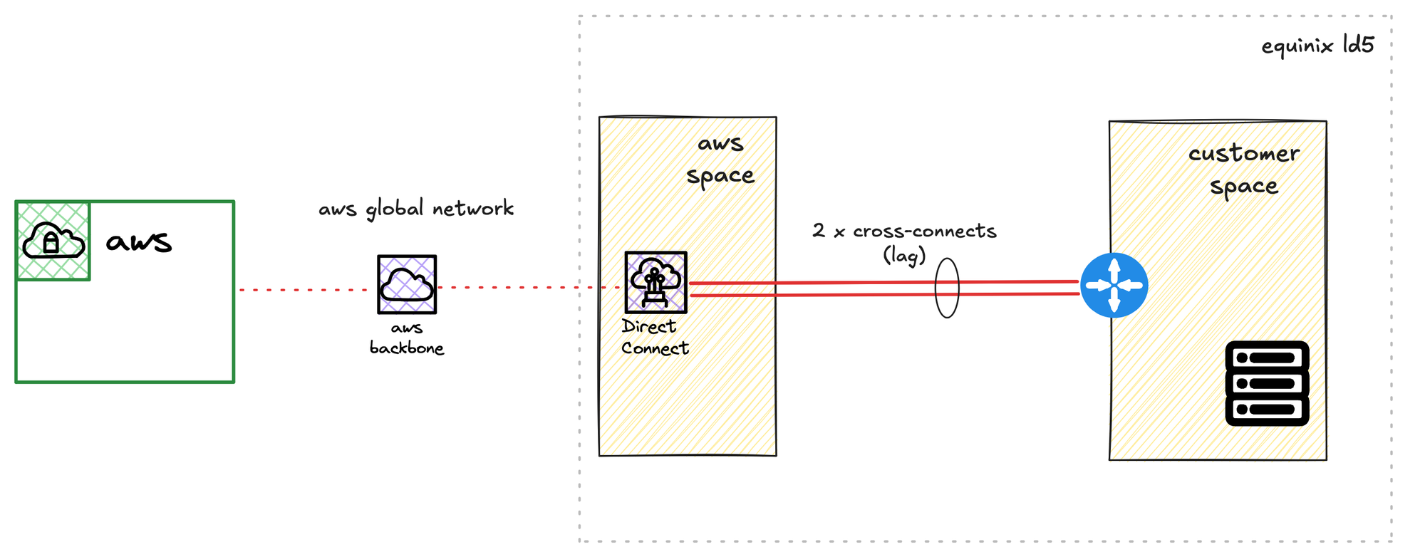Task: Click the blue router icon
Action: click(x=1114, y=285)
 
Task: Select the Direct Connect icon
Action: click(x=656, y=282)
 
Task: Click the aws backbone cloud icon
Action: click(x=407, y=284)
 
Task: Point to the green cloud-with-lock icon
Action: click(x=53, y=241)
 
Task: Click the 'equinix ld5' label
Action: click(x=1317, y=46)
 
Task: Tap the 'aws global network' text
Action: click(x=416, y=209)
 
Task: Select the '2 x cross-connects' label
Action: click(x=904, y=231)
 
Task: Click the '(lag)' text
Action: click(x=904, y=254)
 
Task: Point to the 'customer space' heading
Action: click(x=1244, y=170)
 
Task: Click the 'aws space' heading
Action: click(x=720, y=160)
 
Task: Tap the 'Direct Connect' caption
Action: click(x=655, y=337)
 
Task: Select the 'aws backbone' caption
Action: click(x=407, y=338)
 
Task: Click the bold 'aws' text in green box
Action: click(x=139, y=242)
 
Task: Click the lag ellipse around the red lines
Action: click(x=936, y=287)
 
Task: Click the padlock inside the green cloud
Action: click(x=51, y=243)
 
